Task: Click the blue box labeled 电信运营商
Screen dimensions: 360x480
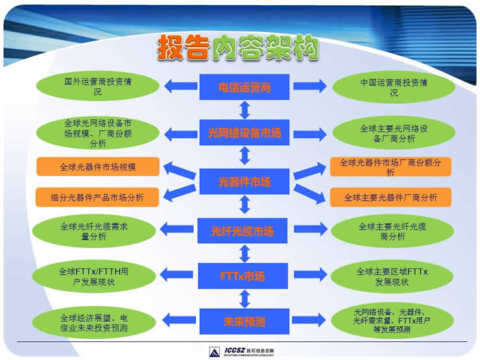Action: (x=244, y=87)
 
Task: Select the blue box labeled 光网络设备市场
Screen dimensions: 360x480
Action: (x=244, y=134)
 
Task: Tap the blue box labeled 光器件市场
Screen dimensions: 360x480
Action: (x=244, y=182)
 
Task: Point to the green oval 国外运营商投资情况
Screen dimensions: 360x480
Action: (x=97, y=88)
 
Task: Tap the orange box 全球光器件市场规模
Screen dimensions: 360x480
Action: (x=97, y=167)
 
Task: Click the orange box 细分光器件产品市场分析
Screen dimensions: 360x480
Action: (x=97, y=197)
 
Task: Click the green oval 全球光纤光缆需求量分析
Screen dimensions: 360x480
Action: (x=97, y=232)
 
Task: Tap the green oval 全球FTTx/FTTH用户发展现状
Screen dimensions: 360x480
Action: (x=97, y=277)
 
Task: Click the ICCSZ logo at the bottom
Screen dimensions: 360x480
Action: (x=243, y=351)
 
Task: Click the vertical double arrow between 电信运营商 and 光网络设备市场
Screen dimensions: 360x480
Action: (x=245, y=110)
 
